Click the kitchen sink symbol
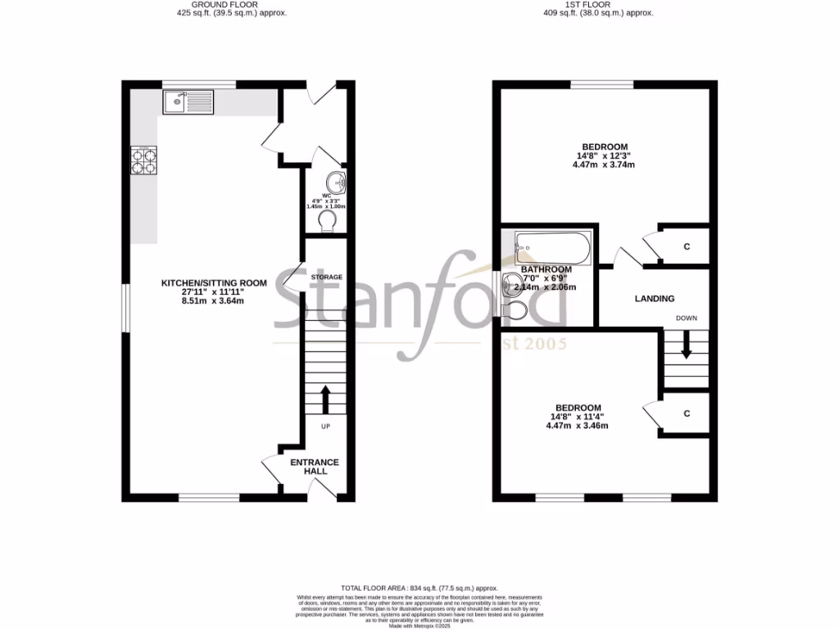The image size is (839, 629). click(188, 102)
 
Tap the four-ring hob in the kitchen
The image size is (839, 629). click(143, 161)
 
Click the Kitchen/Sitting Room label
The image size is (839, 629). click(214, 283)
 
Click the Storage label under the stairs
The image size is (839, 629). click(326, 278)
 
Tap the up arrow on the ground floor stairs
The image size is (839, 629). click(325, 399)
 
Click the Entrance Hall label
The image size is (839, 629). click(315, 467)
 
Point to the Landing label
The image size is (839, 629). click(655, 299)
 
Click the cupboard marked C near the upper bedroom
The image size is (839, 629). click(687, 247)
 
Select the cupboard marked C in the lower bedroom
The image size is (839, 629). click(687, 414)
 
